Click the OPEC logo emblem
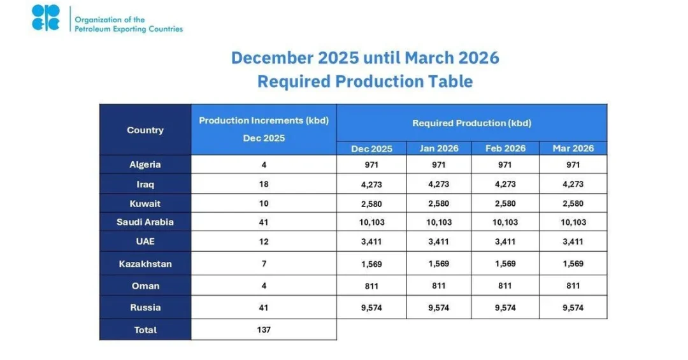click(46, 18)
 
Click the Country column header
click(145, 130)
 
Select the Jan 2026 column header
click(439, 148)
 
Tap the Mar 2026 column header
click(573, 148)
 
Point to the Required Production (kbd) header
click(471, 123)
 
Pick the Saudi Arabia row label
click(145, 222)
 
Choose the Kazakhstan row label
click(145, 264)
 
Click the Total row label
click(145, 330)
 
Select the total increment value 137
click(264, 330)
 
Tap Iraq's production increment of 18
click(264, 184)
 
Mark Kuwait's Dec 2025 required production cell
click(371, 204)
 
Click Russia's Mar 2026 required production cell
click(573, 308)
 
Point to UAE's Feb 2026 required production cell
click(505, 242)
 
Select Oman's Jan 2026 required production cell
click(439, 286)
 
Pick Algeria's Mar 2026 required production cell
click(573, 165)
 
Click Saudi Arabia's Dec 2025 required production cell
click(371, 222)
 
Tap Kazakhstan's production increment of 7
click(264, 264)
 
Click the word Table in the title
click(450, 82)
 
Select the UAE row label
click(145, 242)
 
